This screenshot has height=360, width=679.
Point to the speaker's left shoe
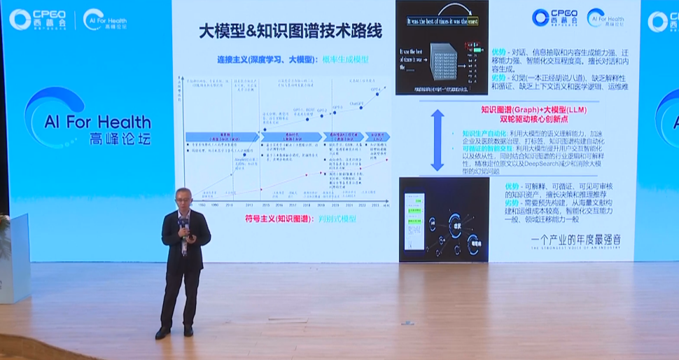point(188,331)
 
